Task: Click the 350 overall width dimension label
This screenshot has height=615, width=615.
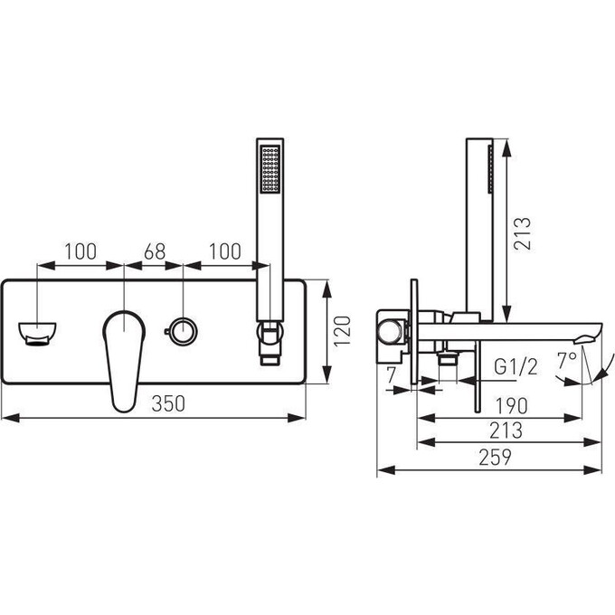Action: pyautogui.click(x=168, y=403)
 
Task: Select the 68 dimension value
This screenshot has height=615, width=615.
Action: pyautogui.click(x=155, y=251)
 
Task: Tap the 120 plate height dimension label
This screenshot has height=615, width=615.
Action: pyautogui.click(x=342, y=330)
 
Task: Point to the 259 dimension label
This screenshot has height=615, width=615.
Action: pyautogui.click(x=495, y=457)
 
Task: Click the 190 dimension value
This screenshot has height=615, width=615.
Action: pyautogui.click(x=512, y=405)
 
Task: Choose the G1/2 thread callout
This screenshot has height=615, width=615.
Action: pyautogui.click(x=516, y=367)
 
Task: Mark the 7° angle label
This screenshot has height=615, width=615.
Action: pyautogui.click(x=567, y=361)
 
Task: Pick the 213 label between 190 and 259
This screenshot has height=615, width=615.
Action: pyautogui.click(x=506, y=430)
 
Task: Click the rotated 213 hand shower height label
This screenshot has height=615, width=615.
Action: pyautogui.click(x=523, y=233)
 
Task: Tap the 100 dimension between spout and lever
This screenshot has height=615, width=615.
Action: pyautogui.click(x=80, y=251)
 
